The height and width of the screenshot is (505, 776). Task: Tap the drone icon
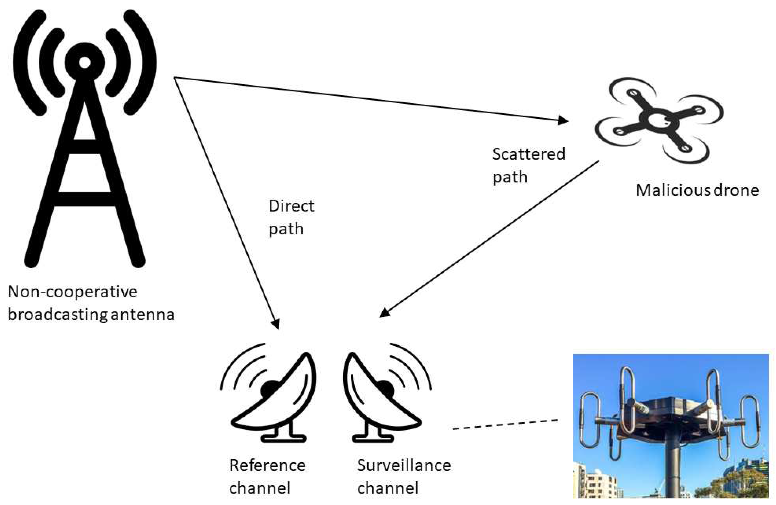click(x=659, y=121)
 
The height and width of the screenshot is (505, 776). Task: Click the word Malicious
click(x=673, y=190)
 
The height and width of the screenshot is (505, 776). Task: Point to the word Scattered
click(x=529, y=154)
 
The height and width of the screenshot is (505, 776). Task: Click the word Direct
click(x=291, y=206)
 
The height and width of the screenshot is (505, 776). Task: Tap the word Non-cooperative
click(x=72, y=292)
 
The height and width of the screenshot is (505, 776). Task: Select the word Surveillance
click(x=404, y=465)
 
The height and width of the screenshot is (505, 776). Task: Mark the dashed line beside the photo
click(x=505, y=424)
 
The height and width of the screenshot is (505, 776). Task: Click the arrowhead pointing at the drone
click(x=563, y=121)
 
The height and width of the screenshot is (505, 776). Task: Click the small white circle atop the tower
click(x=85, y=63)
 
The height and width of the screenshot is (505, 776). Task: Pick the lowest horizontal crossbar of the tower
click(x=85, y=199)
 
